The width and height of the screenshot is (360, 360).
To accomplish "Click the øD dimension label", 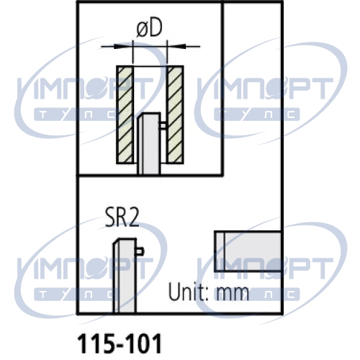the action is click(149, 29).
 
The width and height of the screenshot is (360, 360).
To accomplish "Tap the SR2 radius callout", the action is click(122, 217).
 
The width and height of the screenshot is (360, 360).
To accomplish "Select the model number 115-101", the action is click(120, 343).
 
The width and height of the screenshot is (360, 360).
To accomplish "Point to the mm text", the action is click(233, 294).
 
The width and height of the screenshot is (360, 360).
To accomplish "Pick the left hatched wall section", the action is click(125, 114).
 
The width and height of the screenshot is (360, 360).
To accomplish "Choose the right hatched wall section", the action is click(175, 114).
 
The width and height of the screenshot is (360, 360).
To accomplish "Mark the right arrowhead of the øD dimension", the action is click(176, 46).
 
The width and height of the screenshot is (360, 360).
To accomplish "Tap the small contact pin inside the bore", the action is click(163, 126).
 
